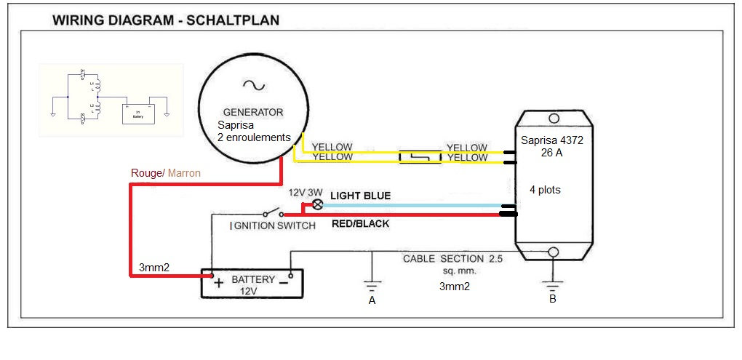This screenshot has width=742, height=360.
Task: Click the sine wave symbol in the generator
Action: click(x=257, y=85)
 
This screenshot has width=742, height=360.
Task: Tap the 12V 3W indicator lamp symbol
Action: click(x=317, y=205)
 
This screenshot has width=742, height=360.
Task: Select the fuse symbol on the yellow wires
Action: click(x=420, y=156)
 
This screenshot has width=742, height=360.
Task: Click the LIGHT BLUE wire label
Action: click(x=360, y=196)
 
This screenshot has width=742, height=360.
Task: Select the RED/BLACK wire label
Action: click(x=360, y=224)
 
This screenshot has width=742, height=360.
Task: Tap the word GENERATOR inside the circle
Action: click(x=252, y=113)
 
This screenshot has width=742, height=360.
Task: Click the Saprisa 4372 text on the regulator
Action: click(x=552, y=140)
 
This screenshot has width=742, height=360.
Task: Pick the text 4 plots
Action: click(x=545, y=190)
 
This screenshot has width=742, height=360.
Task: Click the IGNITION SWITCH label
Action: click(x=273, y=225)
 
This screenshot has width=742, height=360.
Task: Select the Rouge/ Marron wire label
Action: click(x=165, y=173)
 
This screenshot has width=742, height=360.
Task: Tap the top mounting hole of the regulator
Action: click(x=552, y=116)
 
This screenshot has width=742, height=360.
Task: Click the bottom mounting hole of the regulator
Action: click(x=552, y=252)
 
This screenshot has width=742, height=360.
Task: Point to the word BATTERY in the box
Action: click(x=253, y=279)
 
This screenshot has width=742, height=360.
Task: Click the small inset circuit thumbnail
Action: click(x=111, y=100)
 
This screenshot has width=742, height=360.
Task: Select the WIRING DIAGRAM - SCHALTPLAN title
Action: click(x=166, y=20)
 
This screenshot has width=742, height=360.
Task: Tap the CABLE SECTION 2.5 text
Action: click(x=453, y=259)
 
